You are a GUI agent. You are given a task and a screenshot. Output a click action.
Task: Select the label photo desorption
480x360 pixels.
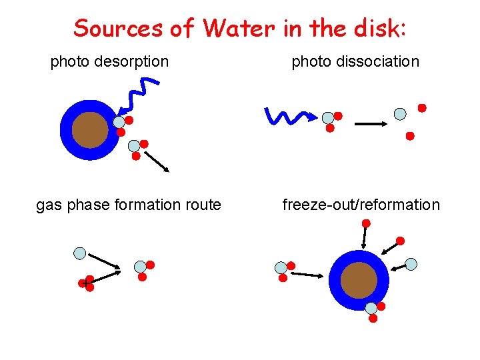pos(109,62)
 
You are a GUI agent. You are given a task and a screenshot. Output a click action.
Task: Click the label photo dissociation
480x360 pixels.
pos(355,62)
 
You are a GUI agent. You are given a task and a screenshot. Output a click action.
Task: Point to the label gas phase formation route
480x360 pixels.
pos(128,205)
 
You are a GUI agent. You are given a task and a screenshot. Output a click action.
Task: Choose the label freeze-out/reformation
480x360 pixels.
pos(361,205)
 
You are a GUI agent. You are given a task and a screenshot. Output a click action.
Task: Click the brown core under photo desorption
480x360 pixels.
pos(90,130)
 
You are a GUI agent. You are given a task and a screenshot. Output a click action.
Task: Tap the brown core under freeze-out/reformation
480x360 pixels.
pos(359,280)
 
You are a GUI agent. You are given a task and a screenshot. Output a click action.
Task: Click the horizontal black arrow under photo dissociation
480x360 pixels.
pos(371,123)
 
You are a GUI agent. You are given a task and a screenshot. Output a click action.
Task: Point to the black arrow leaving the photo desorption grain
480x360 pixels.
pos(157,161)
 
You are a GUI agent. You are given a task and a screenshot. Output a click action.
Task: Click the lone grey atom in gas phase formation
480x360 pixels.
pos(80,253)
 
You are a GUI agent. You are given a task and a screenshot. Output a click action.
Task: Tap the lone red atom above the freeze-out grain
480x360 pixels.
pos(400,241)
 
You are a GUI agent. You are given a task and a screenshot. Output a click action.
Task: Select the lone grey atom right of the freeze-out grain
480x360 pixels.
pos(411,264)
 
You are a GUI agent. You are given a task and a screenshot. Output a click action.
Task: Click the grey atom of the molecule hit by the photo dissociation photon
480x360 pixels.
pos(327,118)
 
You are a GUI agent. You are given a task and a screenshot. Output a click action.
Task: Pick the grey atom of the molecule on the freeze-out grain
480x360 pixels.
pos(371,308)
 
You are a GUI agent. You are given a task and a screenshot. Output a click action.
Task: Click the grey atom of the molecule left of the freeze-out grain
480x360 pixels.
pos(281,267)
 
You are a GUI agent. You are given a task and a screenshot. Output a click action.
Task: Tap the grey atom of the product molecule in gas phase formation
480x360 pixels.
pos(140,267)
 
